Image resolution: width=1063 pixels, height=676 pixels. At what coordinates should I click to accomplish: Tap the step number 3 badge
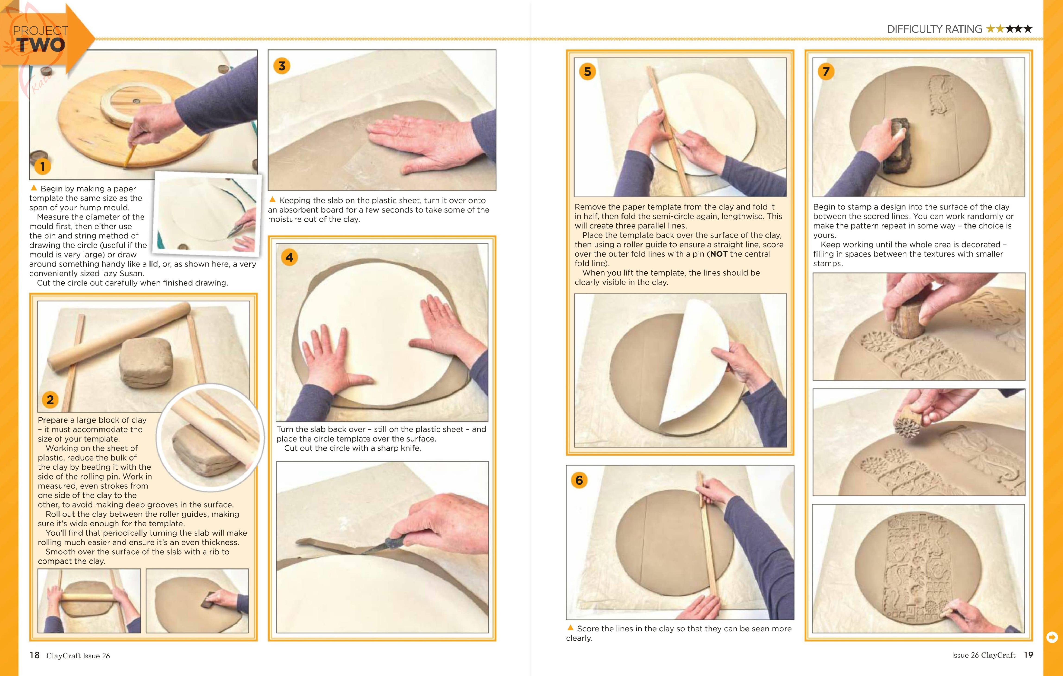[282, 66]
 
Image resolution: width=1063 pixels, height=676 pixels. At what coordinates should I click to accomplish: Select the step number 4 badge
[289, 257]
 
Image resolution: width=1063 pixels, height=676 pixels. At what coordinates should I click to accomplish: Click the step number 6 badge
[579, 480]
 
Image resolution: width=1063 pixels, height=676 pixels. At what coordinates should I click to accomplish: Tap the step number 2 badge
[50, 400]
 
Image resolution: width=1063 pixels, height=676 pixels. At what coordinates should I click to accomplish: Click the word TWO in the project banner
[41, 44]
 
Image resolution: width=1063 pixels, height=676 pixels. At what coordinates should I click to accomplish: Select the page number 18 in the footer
[35, 655]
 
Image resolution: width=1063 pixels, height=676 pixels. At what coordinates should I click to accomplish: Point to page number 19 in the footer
[1028, 654]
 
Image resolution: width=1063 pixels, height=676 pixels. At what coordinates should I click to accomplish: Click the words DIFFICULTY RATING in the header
[934, 29]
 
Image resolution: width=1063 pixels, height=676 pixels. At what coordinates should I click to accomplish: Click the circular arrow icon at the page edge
[1052, 637]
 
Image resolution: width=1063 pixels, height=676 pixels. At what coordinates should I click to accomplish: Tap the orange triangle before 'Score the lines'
[570, 627]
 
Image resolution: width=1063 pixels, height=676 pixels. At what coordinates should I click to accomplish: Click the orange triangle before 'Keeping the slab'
[272, 199]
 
